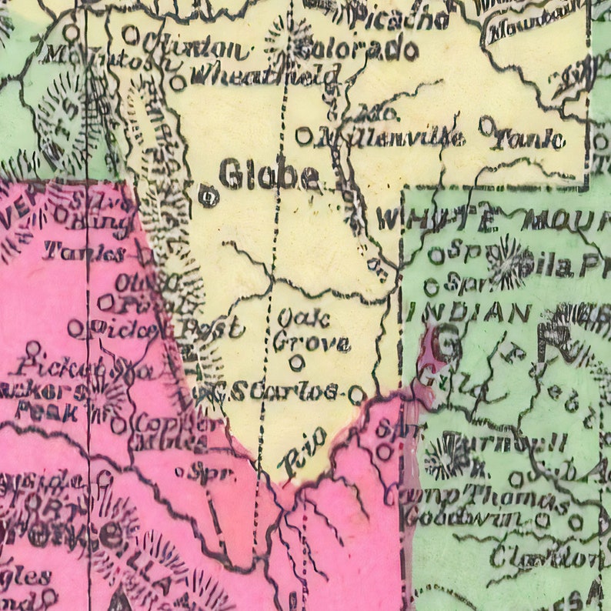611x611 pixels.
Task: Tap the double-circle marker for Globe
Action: (x=208, y=196)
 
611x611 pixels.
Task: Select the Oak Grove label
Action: (x=311, y=329)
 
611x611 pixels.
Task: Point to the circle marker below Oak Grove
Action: (x=296, y=362)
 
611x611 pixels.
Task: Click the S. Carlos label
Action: (x=276, y=392)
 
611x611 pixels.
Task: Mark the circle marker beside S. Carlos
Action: (x=356, y=395)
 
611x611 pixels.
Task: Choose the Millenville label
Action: (x=390, y=138)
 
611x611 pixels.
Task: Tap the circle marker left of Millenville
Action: (x=304, y=135)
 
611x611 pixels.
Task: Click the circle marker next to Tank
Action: (x=486, y=123)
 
